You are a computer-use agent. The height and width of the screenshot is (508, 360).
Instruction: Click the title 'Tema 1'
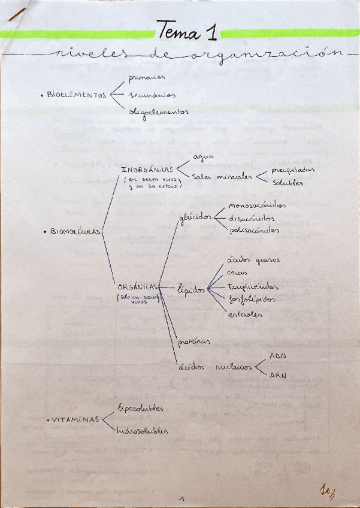pos(187,30)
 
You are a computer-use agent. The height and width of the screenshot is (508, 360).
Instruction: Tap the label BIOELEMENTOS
pos(76,95)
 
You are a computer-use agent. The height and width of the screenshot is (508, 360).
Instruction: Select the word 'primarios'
pos(147,77)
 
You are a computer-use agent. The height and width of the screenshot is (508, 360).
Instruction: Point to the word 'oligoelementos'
pos(159,111)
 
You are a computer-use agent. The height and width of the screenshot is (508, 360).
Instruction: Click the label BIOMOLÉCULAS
pos(75,232)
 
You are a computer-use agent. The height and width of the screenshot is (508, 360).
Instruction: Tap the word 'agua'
pos(204,156)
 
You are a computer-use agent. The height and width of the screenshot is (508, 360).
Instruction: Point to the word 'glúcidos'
pos(195,219)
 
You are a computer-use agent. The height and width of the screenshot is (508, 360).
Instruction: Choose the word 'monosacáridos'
pos(257,205)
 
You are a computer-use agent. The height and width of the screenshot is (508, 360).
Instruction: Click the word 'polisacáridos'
pos(254,230)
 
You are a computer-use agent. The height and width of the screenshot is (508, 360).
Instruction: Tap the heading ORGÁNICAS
pos(138,286)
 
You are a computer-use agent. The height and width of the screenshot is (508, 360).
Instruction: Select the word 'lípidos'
pos(192,289)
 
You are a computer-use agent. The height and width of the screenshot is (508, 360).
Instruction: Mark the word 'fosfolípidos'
pos(253,298)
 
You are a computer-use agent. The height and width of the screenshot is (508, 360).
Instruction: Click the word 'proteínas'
pos(194,341)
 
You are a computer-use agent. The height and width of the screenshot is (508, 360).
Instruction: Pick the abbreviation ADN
pos(277,356)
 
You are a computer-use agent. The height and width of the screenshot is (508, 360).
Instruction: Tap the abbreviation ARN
pos(277,376)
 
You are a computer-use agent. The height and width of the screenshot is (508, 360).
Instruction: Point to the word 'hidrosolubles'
pos(143,430)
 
